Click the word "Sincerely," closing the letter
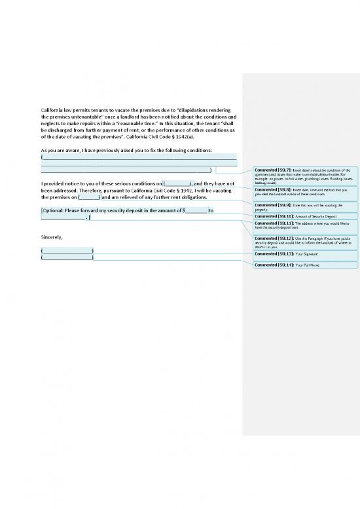click(x=52, y=236)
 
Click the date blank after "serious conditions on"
click(x=177, y=183)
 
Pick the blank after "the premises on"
click(x=89, y=197)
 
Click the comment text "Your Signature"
click(x=308, y=253)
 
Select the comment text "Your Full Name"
click(x=308, y=265)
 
